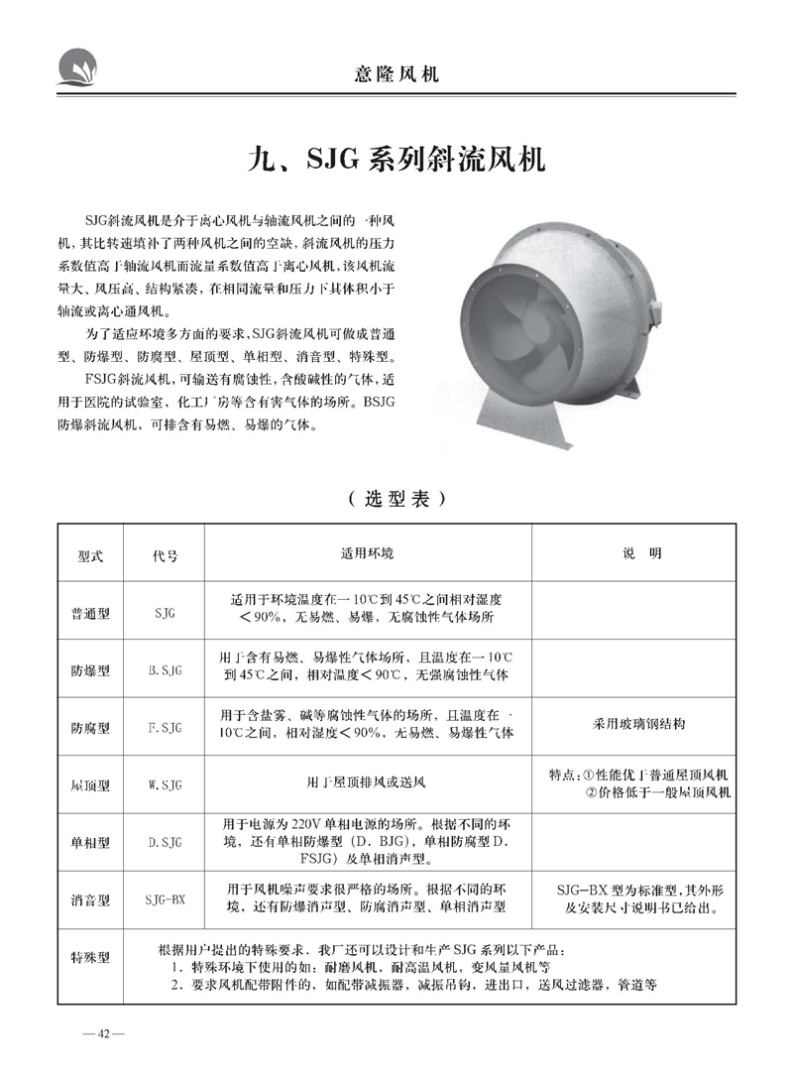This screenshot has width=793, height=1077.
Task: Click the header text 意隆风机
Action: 396,73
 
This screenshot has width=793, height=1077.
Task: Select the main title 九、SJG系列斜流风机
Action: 396,159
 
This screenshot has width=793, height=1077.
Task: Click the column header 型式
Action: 90,556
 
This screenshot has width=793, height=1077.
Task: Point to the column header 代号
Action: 166,556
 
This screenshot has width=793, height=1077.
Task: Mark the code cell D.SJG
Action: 166,843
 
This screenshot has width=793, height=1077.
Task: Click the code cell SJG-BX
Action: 166,900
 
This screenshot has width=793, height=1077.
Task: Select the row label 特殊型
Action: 90,958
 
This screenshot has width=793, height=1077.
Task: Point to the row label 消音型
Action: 90,900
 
